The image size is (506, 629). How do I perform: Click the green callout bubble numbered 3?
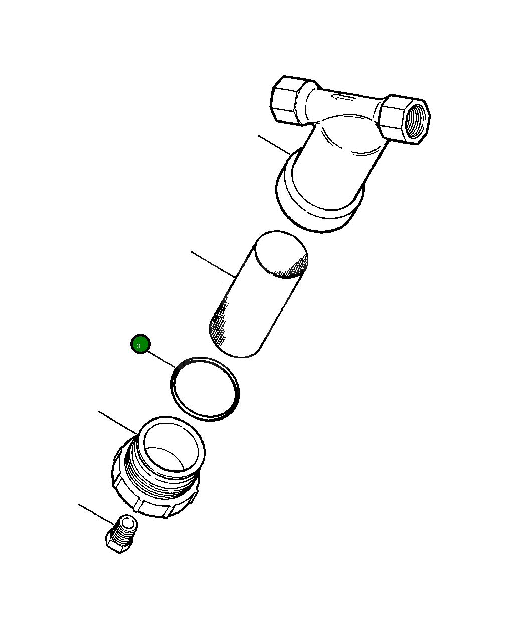tap(140, 344)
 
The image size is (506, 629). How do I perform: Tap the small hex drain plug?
tap(121, 533)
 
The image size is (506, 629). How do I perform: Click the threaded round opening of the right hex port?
tap(416, 120)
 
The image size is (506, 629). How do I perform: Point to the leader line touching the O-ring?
tap(161, 359)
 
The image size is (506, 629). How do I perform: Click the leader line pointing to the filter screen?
tap(213, 264)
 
